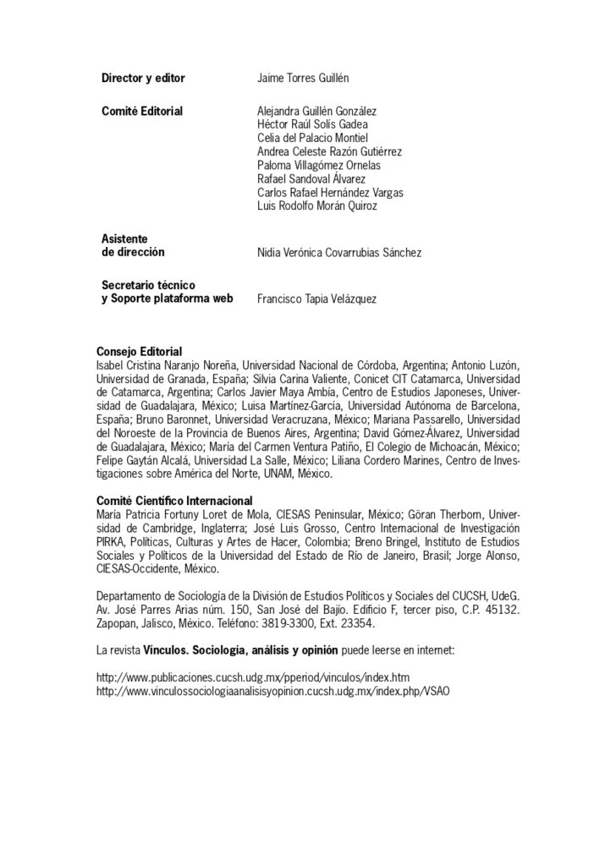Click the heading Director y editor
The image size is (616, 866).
tap(143, 78)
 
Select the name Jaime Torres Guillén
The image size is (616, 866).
tap(302, 78)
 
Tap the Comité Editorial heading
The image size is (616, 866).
tap(142, 110)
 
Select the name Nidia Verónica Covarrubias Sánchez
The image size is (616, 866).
tap(338, 253)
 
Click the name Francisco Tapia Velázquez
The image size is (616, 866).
tap(317, 299)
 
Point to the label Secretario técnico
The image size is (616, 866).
tap(148, 286)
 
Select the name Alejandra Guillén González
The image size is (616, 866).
tap(317, 110)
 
